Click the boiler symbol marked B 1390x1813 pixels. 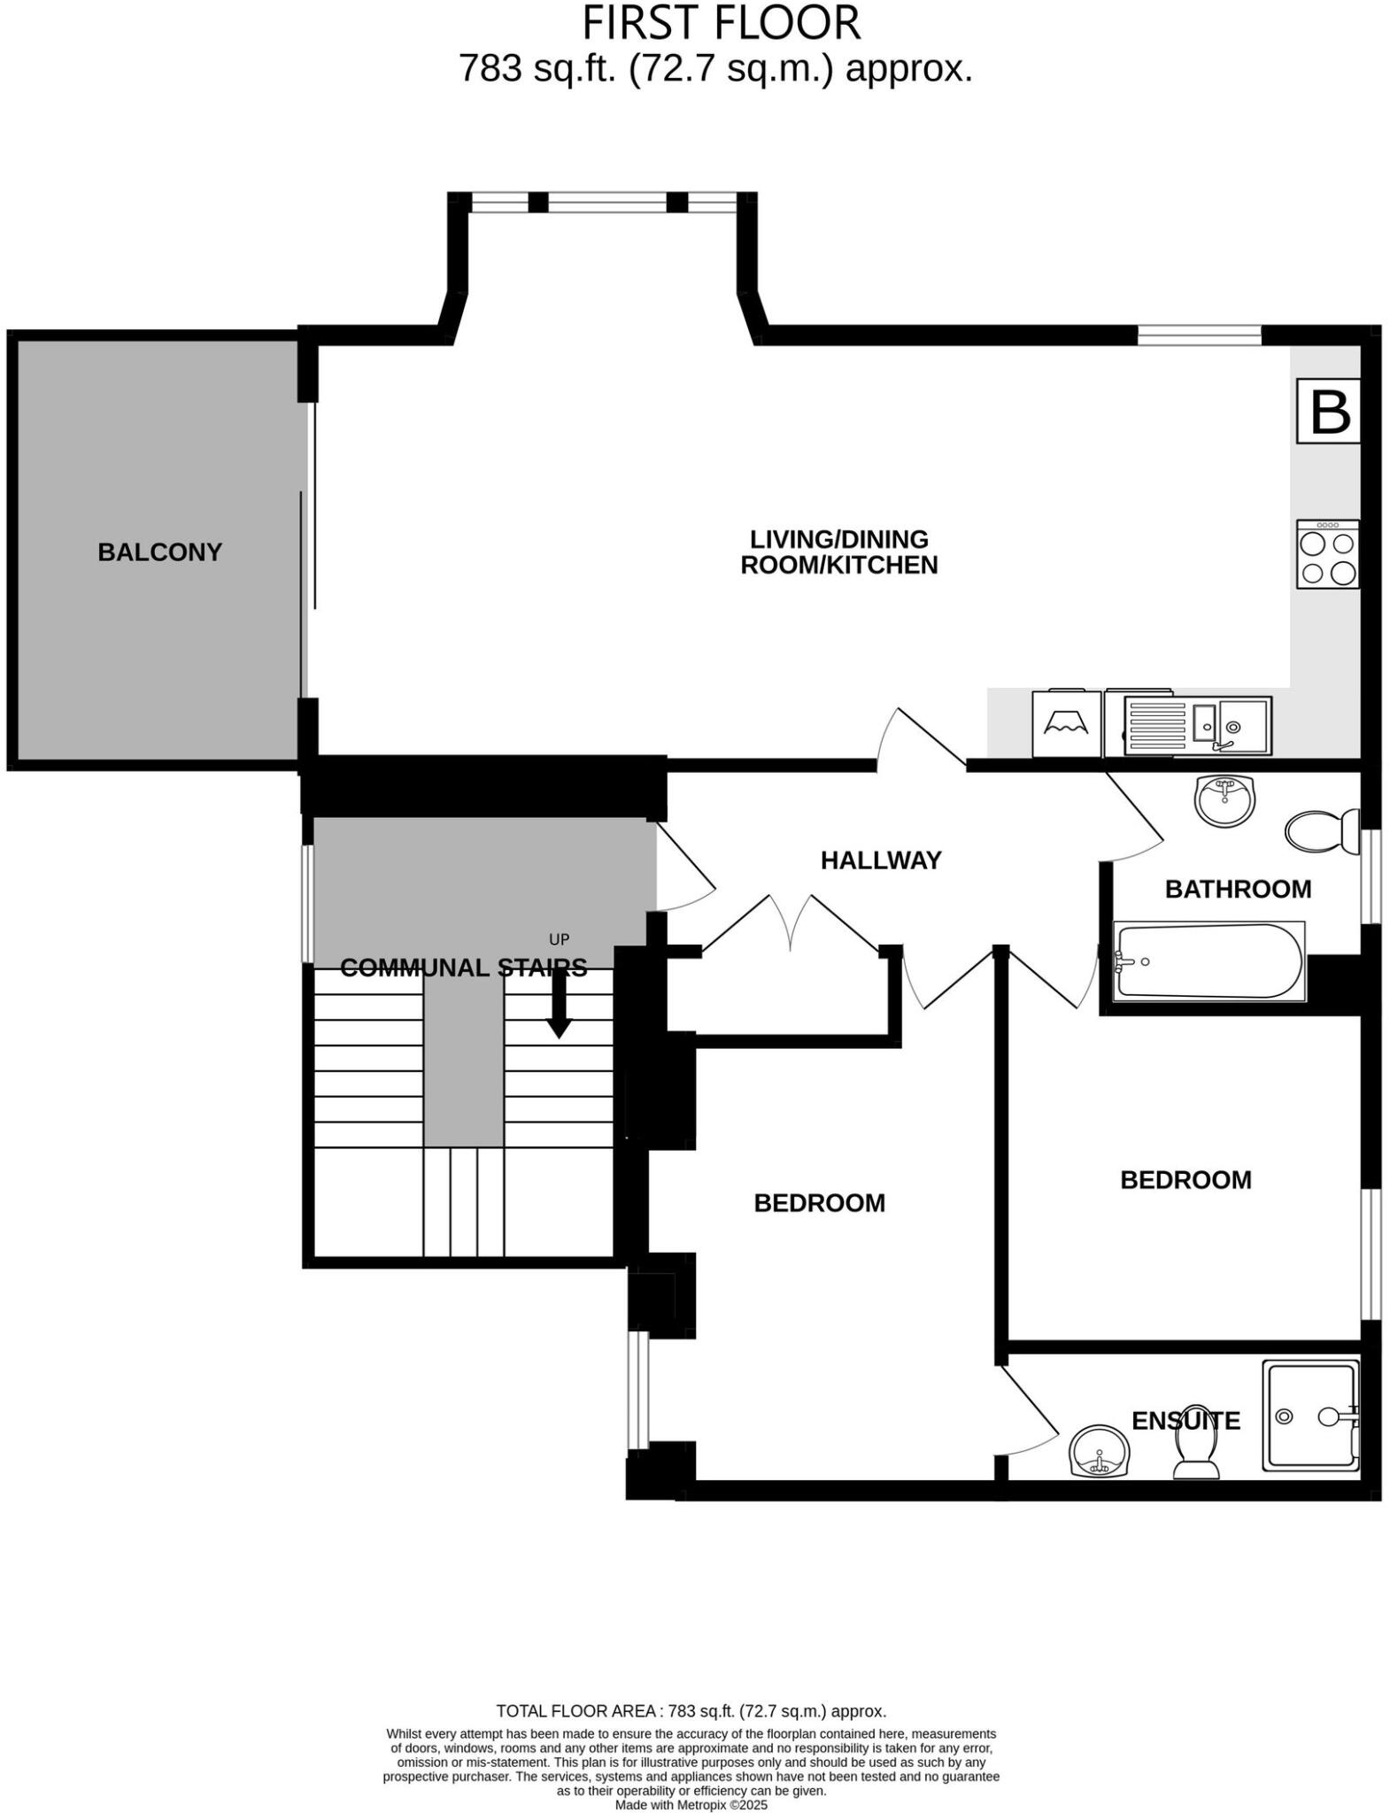[1328, 411]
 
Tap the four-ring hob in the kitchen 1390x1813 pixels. [1328, 554]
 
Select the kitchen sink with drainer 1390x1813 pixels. [1198, 724]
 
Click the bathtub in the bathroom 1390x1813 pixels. [1209, 961]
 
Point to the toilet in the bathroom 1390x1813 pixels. [1321, 831]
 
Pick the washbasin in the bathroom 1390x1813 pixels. [1225, 800]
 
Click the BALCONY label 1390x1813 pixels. [159, 552]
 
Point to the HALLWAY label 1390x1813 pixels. [881, 860]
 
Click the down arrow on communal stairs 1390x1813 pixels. [559, 1005]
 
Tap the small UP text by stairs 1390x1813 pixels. [559, 939]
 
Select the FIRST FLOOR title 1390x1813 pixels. [721, 24]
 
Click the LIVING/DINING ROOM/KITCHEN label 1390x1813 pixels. [838, 552]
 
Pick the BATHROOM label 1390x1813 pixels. [1238, 889]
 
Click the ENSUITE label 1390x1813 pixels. [1185, 1420]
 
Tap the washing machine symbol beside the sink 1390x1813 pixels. [1067, 724]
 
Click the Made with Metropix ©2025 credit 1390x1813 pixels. [691, 1804]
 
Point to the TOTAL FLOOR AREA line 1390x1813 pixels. [691, 1711]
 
